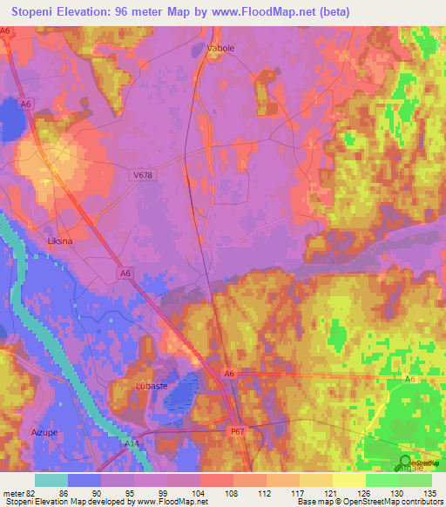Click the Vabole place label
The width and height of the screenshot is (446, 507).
(x=220, y=49)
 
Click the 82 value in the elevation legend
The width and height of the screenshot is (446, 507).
(x=33, y=492)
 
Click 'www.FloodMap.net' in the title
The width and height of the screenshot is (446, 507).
(x=293, y=11)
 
